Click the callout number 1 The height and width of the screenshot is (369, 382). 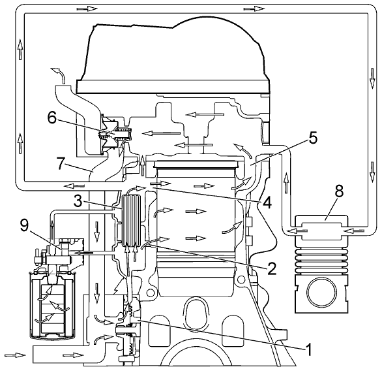308,349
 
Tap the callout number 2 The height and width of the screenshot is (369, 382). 271,268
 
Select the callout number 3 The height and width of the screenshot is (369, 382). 78,201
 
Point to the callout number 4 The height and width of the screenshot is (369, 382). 267,202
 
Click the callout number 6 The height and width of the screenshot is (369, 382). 52,119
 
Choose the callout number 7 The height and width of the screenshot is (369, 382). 61,163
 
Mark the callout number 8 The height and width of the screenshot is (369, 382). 339,191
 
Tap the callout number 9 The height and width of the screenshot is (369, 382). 25,226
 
